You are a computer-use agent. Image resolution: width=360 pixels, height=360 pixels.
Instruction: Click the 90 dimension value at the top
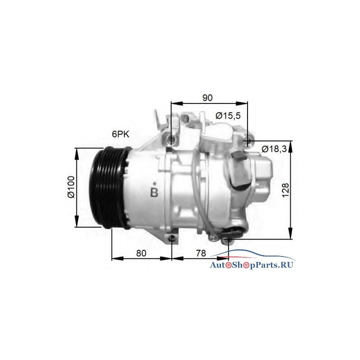pos(207,98)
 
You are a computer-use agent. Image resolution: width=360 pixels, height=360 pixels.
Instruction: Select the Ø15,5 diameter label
pos(228,116)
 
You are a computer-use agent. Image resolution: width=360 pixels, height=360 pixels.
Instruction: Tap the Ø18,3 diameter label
pos(274,149)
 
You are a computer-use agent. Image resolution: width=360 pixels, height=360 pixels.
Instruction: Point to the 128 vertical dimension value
pos(285,190)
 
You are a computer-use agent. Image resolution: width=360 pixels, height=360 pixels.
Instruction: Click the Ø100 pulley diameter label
pos(71,187)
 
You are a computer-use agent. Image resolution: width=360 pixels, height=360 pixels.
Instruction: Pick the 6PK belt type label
pos(121,134)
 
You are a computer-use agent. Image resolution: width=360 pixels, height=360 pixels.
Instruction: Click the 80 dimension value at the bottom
pos(141,253)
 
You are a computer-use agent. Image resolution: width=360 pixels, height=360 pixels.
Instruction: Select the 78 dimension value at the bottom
pos(201,253)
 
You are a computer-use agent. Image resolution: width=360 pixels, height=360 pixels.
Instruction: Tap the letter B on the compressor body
pos(154,193)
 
